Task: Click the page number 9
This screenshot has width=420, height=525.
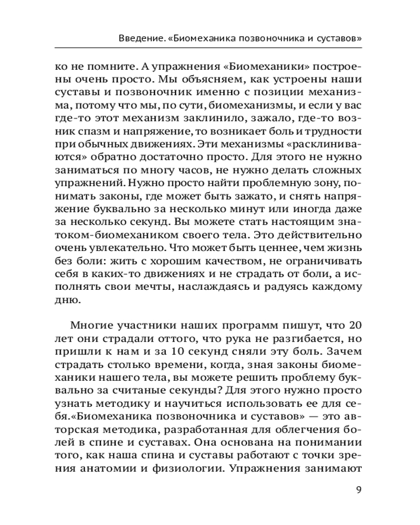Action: pos(359,490)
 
